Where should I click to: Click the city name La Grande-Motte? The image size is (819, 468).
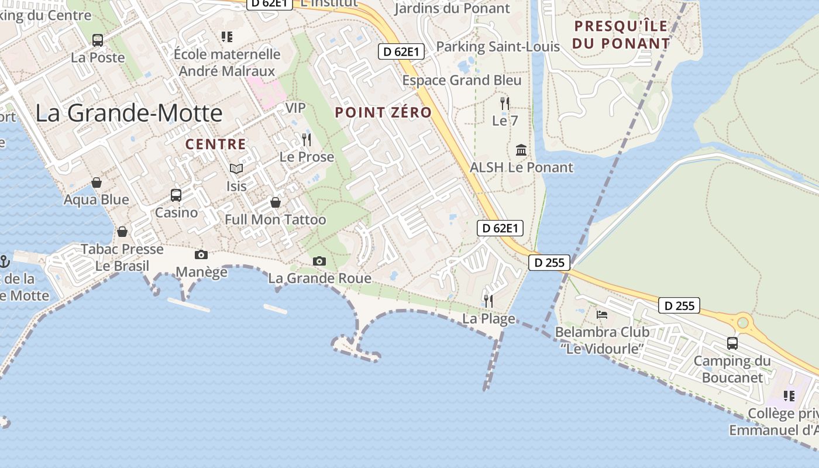click(129, 113)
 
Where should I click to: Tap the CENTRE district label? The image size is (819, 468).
click(215, 144)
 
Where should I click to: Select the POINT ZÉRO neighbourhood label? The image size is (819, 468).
click(383, 113)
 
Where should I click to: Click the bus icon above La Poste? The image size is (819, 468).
click(98, 40)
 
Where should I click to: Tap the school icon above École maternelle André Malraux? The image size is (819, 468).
click(227, 37)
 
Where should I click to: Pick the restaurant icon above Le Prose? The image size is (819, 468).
click(307, 139)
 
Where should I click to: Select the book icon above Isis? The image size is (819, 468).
click(236, 169)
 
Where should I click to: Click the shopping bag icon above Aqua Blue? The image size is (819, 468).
click(97, 183)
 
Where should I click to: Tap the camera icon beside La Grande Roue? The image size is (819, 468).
click(319, 261)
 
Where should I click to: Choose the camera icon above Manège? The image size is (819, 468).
click(201, 254)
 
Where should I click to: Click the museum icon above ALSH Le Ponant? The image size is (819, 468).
click(521, 150)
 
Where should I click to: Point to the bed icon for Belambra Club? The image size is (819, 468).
click(602, 315)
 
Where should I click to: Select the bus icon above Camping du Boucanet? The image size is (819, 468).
click(732, 343)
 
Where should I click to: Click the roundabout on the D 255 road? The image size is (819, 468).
click(743, 322)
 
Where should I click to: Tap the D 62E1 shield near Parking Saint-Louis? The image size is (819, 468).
click(401, 51)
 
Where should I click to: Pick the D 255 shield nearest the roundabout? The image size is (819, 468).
click(679, 305)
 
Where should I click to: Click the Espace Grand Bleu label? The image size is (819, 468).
click(462, 80)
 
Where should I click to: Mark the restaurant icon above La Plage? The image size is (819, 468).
click(488, 301)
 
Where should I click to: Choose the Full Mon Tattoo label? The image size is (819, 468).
click(276, 220)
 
